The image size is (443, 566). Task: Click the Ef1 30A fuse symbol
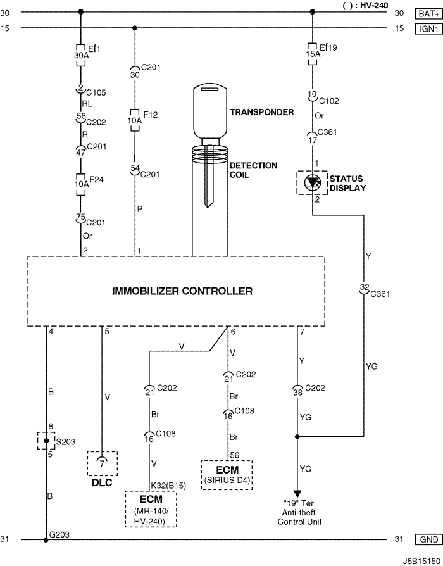[x=81, y=55]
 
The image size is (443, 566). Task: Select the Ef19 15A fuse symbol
[x=313, y=54]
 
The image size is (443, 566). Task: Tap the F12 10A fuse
[x=135, y=120]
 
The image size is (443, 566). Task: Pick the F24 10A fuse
[x=81, y=184]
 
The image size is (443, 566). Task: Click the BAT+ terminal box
[x=429, y=14]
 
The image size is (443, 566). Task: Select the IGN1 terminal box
[x=429, y=28]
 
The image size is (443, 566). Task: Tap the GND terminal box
[x=429, y=539]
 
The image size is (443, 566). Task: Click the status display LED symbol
[x=312, y=182]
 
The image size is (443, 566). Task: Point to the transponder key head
[x=209, y=111]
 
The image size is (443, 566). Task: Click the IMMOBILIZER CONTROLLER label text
[x=182, y=291]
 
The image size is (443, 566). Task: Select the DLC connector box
[x=103, y=463]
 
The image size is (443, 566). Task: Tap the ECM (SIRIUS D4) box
[x=227, y=475]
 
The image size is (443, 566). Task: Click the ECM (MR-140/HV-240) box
[x=151, y=509]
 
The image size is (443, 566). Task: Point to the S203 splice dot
[x=46, y=441]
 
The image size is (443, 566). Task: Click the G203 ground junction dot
[x=46, y=541]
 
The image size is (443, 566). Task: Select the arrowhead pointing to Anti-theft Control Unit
[x=297, y=493]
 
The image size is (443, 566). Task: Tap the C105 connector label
[x=96, y=93]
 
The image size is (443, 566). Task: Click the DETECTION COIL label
[x=254, y=170]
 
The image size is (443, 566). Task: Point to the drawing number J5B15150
[x=421, y=561]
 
